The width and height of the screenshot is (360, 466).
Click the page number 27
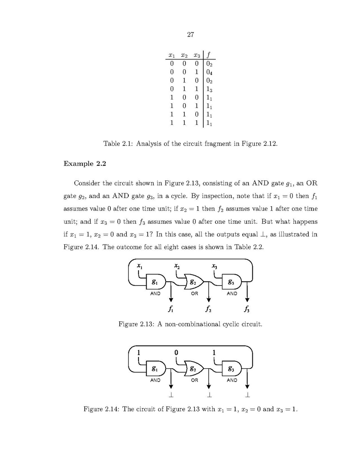point(190,35)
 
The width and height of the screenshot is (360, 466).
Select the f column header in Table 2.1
point(209,55)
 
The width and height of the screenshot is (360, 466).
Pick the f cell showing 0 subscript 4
point(209,72)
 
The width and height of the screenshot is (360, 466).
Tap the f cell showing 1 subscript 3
point(209,89)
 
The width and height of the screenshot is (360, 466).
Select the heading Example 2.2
point(84,163)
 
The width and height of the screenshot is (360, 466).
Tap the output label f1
point(170,310)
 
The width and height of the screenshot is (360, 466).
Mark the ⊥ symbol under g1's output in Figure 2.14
point(170,396)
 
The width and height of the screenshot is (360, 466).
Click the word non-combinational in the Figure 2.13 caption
point(192,324)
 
